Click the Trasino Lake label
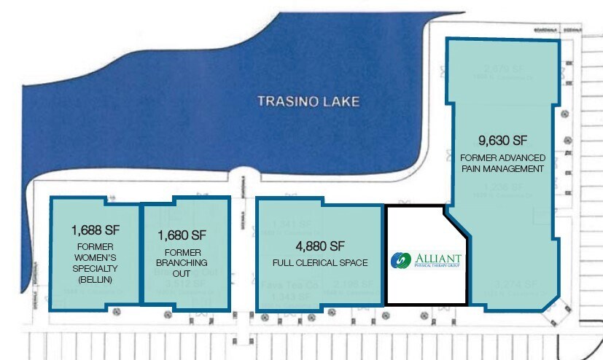click(x=308, y=101)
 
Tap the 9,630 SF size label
click(x=502, y=140)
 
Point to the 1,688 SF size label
click(x=95, y=230)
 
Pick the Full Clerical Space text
click(x=320, y=262)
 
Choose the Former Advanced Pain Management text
click(x=502, y=163)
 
